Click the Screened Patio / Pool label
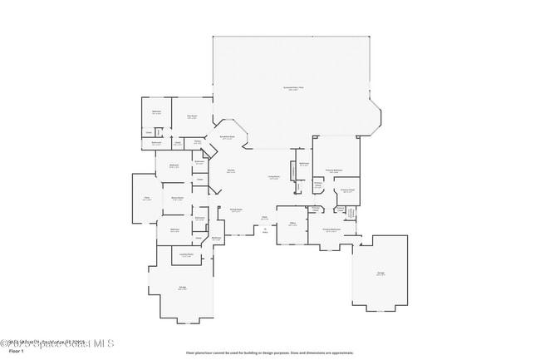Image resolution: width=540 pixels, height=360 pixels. (x=293, y=88)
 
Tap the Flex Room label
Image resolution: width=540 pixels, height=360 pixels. (x=191, y=116)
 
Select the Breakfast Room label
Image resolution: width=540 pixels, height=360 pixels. (x=227, y=138)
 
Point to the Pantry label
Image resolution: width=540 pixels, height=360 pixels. (x=198, y=142)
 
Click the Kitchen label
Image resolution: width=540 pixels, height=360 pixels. (x=230, y=172)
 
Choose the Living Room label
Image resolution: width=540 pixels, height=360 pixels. (x=272, y=177)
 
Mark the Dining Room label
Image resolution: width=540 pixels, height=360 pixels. (x=236, y=210)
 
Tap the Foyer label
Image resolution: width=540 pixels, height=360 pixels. (x=265, y=219)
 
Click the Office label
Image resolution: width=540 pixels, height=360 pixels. (x=292, y=224)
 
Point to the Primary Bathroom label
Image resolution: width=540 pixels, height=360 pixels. (x=331, y=230)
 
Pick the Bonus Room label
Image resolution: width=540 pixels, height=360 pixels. (x=177, y=199)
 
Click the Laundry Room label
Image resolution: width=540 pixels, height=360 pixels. (x=187, y=254)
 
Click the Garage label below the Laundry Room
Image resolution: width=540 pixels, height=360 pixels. (x=181, y=288)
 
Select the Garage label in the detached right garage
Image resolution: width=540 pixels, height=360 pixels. (x=380, y=274)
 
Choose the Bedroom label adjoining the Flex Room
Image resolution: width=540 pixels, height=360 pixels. (x=155, y=111)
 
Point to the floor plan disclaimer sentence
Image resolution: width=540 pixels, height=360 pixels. (x=269, y=353)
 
